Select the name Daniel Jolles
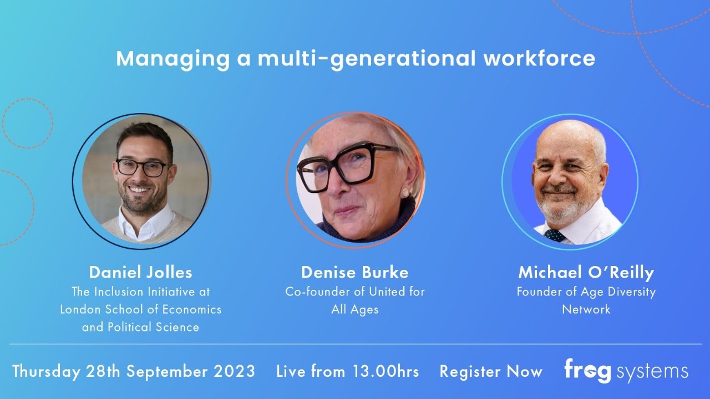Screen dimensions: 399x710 tap(140, 272)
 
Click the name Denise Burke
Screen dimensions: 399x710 tap(354, 272)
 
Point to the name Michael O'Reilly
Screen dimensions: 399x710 tap(586, 272)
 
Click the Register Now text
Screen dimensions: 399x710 tap(491, 371)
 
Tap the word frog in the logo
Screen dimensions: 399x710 tap(586, 370)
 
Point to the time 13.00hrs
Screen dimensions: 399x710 tap(386, 371)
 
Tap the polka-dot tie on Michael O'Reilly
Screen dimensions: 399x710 tap(555, 236)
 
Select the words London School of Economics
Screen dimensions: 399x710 tap(140, 309)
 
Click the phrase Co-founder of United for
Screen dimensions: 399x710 tap(354, 291)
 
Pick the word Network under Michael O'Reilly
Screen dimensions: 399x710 tap(586, 309)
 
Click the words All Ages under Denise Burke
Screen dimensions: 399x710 tap(354, 309)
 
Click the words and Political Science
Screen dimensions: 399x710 tap(140, 327)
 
